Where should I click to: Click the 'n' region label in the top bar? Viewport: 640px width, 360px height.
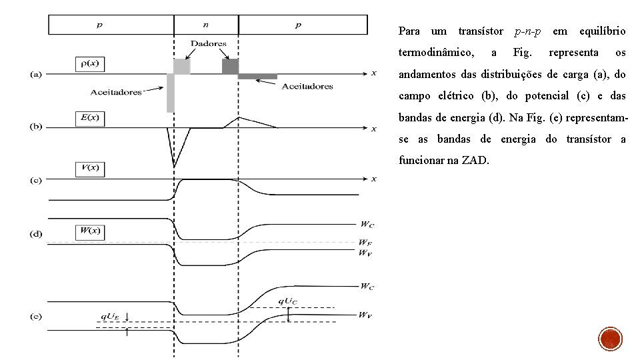pos(205,25)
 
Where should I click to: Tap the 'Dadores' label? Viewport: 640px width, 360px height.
pos(209,43)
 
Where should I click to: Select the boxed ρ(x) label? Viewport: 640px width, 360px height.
pos(89,64)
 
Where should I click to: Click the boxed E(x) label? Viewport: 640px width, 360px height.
pos(89,118)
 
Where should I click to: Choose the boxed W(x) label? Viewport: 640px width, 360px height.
pos(89,231)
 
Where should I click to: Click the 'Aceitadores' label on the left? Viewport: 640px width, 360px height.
pos(117,92)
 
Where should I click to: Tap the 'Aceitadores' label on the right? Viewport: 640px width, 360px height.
pos(307,86)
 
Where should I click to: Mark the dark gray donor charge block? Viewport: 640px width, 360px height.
pos(230,66)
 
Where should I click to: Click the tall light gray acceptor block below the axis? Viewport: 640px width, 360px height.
pos(171,93)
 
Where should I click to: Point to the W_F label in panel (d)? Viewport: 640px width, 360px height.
pos(365,243)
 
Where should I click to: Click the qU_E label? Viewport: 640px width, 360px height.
pos(110,317)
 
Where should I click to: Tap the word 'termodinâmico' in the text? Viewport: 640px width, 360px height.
pos(436,52)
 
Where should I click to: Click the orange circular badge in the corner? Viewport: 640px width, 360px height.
pos(611,340)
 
